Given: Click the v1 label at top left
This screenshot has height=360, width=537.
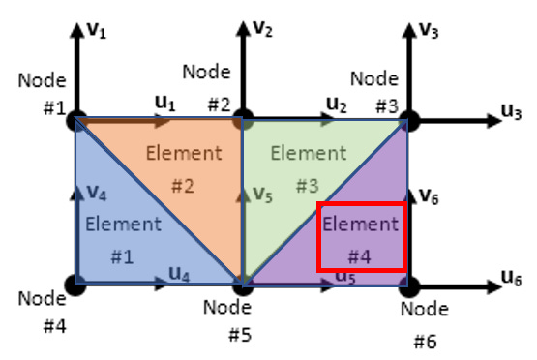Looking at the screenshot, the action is pyautogui.click(x=97, y=30).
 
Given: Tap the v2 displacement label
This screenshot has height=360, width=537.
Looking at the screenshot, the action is pyautogui.click(x=262, y=28).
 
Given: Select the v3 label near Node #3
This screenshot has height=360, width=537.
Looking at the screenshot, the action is pyautogui.click(x=429, y=31).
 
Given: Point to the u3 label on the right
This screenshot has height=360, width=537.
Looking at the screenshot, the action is pyautogui.click(x=511, y=111).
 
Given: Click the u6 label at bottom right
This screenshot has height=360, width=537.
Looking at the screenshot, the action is pyautogui.click(x=511, y=278).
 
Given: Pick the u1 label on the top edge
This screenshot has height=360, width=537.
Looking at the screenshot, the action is pyautogui.click(x=165, y=103).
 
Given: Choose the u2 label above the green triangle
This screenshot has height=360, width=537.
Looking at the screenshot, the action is pyautogui.click(x=337, y=105).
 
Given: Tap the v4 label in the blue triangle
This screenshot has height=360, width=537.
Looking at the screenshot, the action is pyautogui.click(x=97, y=193).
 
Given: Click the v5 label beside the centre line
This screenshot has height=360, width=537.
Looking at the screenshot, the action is pyautogui.click(x=262, y=195).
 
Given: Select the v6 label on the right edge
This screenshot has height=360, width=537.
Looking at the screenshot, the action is pyautogui.click(x=429, y=196).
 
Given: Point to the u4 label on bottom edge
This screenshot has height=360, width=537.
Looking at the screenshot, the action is pyautogui.click(x=179, y=274).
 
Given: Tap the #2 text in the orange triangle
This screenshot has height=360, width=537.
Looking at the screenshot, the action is pyautogui.click(x=183, y=186).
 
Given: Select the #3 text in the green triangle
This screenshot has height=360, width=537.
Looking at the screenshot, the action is pyautogui.click(x=307, y=186).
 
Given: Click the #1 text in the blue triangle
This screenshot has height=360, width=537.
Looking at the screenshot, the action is pyautogui.click(x=122, y=256).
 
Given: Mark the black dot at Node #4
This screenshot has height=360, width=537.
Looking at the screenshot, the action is pyautogui.click(x=75, y=285).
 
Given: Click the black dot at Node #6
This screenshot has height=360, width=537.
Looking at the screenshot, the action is pyautogui.click(x=409, y=286).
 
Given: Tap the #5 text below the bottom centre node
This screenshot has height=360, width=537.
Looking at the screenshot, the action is pyautogui.click(x=240, y=335).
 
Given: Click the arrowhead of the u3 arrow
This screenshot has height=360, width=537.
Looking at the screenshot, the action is pyautogui.click(x=494, y=121).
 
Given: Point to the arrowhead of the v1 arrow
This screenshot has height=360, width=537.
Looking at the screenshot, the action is pyautogui.click(x=77, y=30).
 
